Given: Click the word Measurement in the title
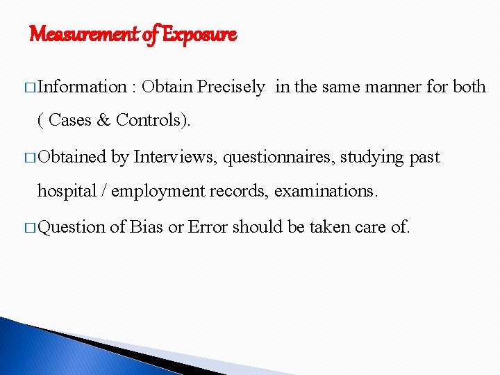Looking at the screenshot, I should pos(82,33).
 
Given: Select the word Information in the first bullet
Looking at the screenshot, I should pos(82,87).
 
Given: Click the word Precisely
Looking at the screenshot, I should pos(231,87).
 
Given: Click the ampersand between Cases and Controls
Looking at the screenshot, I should pos(104,119).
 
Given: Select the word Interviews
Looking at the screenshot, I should pos(178,157).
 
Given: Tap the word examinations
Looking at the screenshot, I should pos(326,191).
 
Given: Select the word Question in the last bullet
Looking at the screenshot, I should pos(72,227).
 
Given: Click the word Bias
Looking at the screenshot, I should pos(148,226).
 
